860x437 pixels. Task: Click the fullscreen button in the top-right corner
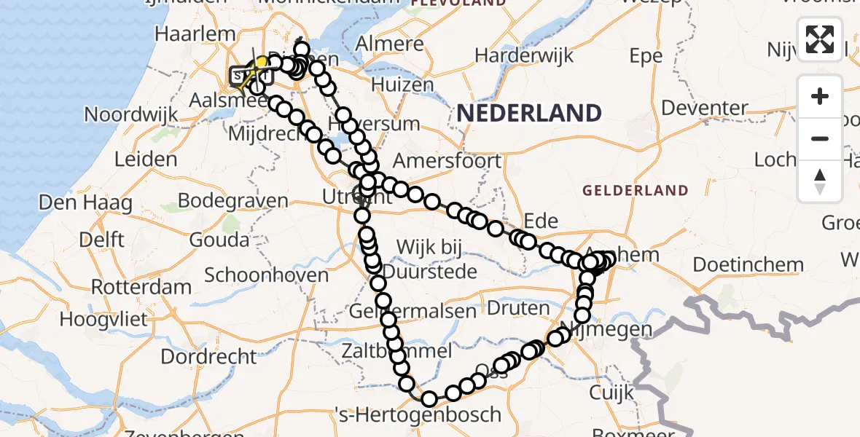coord(820,39)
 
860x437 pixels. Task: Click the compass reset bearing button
coord(820,181)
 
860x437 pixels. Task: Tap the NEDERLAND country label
coord(529,113)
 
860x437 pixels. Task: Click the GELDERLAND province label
coord(635,191)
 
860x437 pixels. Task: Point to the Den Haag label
coord(86,202)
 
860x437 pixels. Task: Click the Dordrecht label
coord(208,357)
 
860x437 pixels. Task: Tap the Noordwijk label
coord(131,114)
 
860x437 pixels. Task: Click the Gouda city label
coord(219,239)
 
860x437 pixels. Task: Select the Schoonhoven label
coord(267,275)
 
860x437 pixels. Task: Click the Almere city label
coord(390,44)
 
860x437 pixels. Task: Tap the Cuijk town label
coord(611,393)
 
